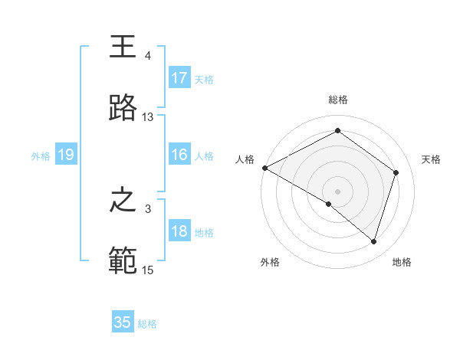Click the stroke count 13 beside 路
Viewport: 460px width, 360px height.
point(148,117)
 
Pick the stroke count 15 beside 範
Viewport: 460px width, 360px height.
point(148,270)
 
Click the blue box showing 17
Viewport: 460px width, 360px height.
point(179,78)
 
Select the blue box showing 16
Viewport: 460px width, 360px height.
point(179,155)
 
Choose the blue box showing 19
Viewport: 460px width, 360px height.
point(65,155)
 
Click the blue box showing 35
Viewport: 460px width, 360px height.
point(123,322)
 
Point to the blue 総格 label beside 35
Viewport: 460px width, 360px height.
point(147,324)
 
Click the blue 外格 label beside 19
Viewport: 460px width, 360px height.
point(41,156)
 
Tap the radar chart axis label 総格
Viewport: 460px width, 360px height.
point(338,100)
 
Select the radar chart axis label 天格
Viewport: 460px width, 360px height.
point(432,159)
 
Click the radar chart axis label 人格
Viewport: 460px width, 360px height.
point(245,159)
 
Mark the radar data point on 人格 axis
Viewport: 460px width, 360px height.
point(264,168)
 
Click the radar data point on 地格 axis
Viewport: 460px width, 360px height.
point(373,242)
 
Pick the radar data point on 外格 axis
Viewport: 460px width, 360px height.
point(329,204)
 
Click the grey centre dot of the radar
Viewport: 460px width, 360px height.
point(338,191)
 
